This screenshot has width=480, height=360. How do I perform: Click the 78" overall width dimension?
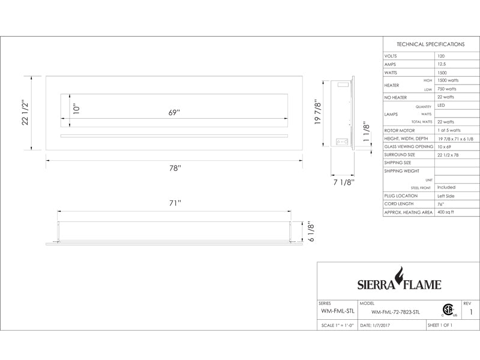click(175, 168)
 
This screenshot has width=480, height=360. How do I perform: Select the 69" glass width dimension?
click(174, 112)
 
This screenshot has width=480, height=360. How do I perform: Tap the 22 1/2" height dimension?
click(25, 112)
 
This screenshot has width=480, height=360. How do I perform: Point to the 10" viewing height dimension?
click(77, 109)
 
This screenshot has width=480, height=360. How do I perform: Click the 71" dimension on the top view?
click(175, 203)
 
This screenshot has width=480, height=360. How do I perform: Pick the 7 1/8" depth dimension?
click(344, 182)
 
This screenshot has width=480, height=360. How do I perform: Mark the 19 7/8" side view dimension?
click(318, 112)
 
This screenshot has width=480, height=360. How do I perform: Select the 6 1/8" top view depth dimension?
click(311, 232)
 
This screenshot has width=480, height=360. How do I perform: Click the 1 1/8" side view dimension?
click(367, 133)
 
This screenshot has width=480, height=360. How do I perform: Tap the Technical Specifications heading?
click(430, 44)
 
